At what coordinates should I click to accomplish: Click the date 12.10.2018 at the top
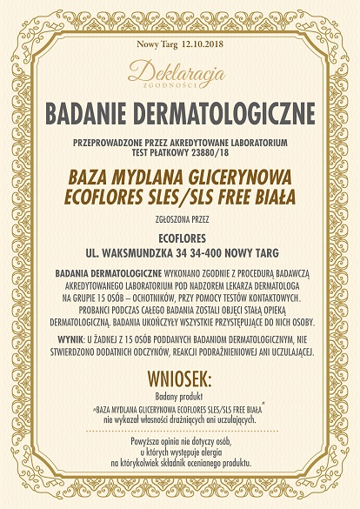(203, 43)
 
